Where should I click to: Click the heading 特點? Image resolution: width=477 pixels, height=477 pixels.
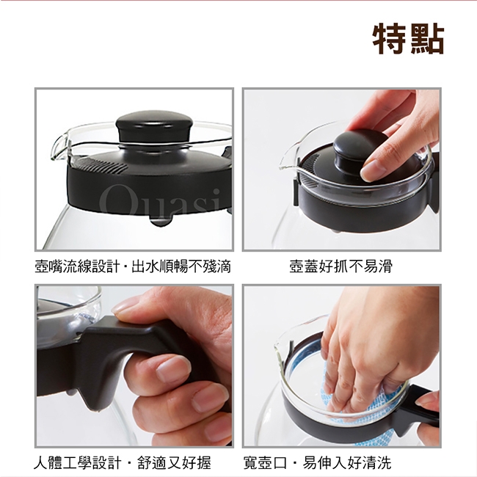click(409, 39)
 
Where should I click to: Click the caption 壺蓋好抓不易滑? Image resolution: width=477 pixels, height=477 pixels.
click(341, 266)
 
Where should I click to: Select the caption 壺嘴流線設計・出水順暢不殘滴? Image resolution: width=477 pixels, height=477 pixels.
click(133, 266)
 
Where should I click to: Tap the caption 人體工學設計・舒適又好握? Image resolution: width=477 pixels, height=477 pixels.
click(123, 463)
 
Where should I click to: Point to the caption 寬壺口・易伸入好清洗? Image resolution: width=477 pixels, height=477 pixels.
click(317, 463)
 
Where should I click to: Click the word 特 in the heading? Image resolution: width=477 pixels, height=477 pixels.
click(390, 39)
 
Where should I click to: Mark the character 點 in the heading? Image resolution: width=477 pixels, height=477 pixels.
click(427, 39)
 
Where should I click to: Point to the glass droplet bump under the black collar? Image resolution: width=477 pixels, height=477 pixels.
click(160, 221)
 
